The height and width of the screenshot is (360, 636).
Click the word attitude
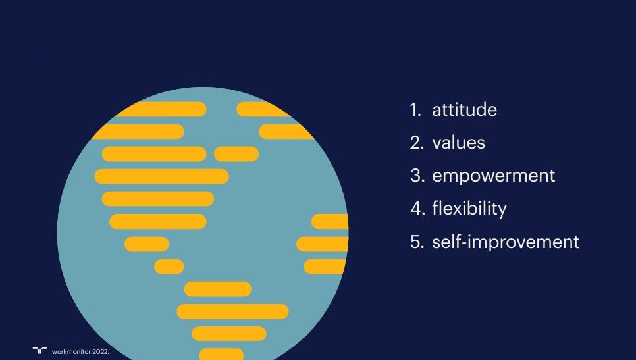click(x=464, y=109)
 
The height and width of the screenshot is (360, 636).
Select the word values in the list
click(x=458, y=143)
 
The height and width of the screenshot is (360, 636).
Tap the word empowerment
click(x=494, y=176)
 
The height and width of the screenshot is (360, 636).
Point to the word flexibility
click(x=469, y=209)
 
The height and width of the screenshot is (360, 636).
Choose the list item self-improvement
click(x=506, y=242)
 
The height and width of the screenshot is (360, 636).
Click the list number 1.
click(x=415, y=109)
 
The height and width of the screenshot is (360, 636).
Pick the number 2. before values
click(x=417, y=143)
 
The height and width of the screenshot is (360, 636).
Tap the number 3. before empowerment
click(x=417, y=176)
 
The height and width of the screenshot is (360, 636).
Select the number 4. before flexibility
click(x=418, y=209)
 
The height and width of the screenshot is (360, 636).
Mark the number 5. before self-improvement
click(x=417, y=242)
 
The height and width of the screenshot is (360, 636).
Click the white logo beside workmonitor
click(x=40, y=351)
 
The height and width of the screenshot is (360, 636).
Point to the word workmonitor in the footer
click(x=71, y=352)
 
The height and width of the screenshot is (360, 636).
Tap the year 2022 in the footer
click(x=100, y=352)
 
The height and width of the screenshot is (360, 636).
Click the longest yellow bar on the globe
click(x=161, y=176)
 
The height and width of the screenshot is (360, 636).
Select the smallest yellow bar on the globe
click(x=169, y=267)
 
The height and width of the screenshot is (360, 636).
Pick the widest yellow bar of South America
click(x=232, y=311)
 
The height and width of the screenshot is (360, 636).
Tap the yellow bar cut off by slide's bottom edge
click(x=221, y=354)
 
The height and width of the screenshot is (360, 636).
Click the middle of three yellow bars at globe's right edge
click(x=323, y=244)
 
